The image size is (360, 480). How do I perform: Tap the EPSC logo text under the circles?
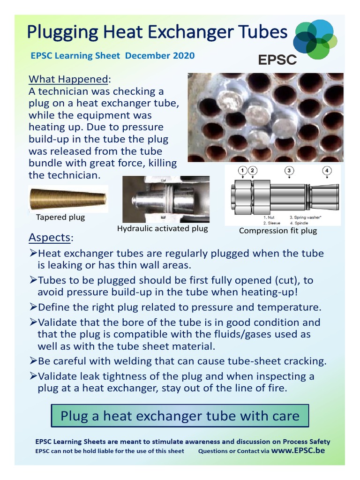coord(277,60)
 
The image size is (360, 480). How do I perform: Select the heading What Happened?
coord(69,78)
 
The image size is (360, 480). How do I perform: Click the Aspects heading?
coord(49,237)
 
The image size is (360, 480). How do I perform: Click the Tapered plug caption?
coord(60,217)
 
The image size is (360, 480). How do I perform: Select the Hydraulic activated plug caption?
coord(162,229)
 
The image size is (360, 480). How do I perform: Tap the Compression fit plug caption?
coord(278,231)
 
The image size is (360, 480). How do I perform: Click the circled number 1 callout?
coord(242,171)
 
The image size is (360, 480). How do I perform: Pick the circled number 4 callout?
coord(327,171)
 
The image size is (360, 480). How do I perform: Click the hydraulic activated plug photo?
coord(165,199)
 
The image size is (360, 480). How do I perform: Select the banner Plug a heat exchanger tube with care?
coord(180,416)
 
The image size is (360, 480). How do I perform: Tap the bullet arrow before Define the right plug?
coord(33,307)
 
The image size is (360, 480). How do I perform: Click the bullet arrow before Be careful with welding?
coord(33,362)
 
